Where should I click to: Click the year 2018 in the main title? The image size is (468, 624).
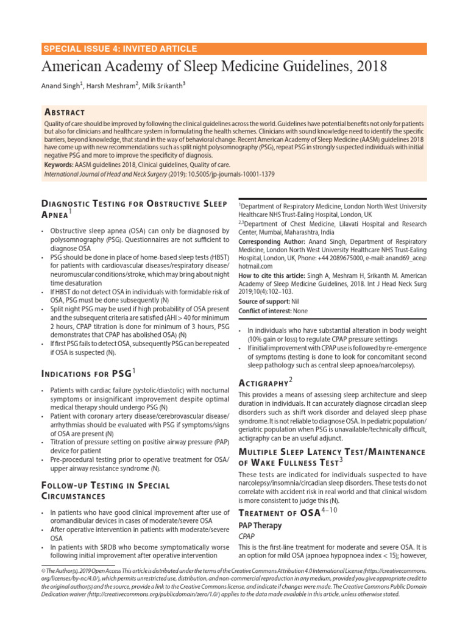pyautogui.click(x=367, y=66)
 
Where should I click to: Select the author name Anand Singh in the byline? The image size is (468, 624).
pyautogui.click(x=60, y=86)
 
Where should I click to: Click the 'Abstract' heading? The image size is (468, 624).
pyautogui.click(x=65, y=112)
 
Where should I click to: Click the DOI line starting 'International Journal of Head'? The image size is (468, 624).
pyautogui.click(x=159, y=174)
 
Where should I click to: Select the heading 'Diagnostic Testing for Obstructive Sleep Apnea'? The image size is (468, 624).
pyautogui.click(x=133, y=208)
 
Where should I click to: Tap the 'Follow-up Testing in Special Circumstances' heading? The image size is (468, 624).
pyautogui.click(x=105, y=491)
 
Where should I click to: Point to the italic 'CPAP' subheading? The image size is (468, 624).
pyautogui.click(x=247, y=536)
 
